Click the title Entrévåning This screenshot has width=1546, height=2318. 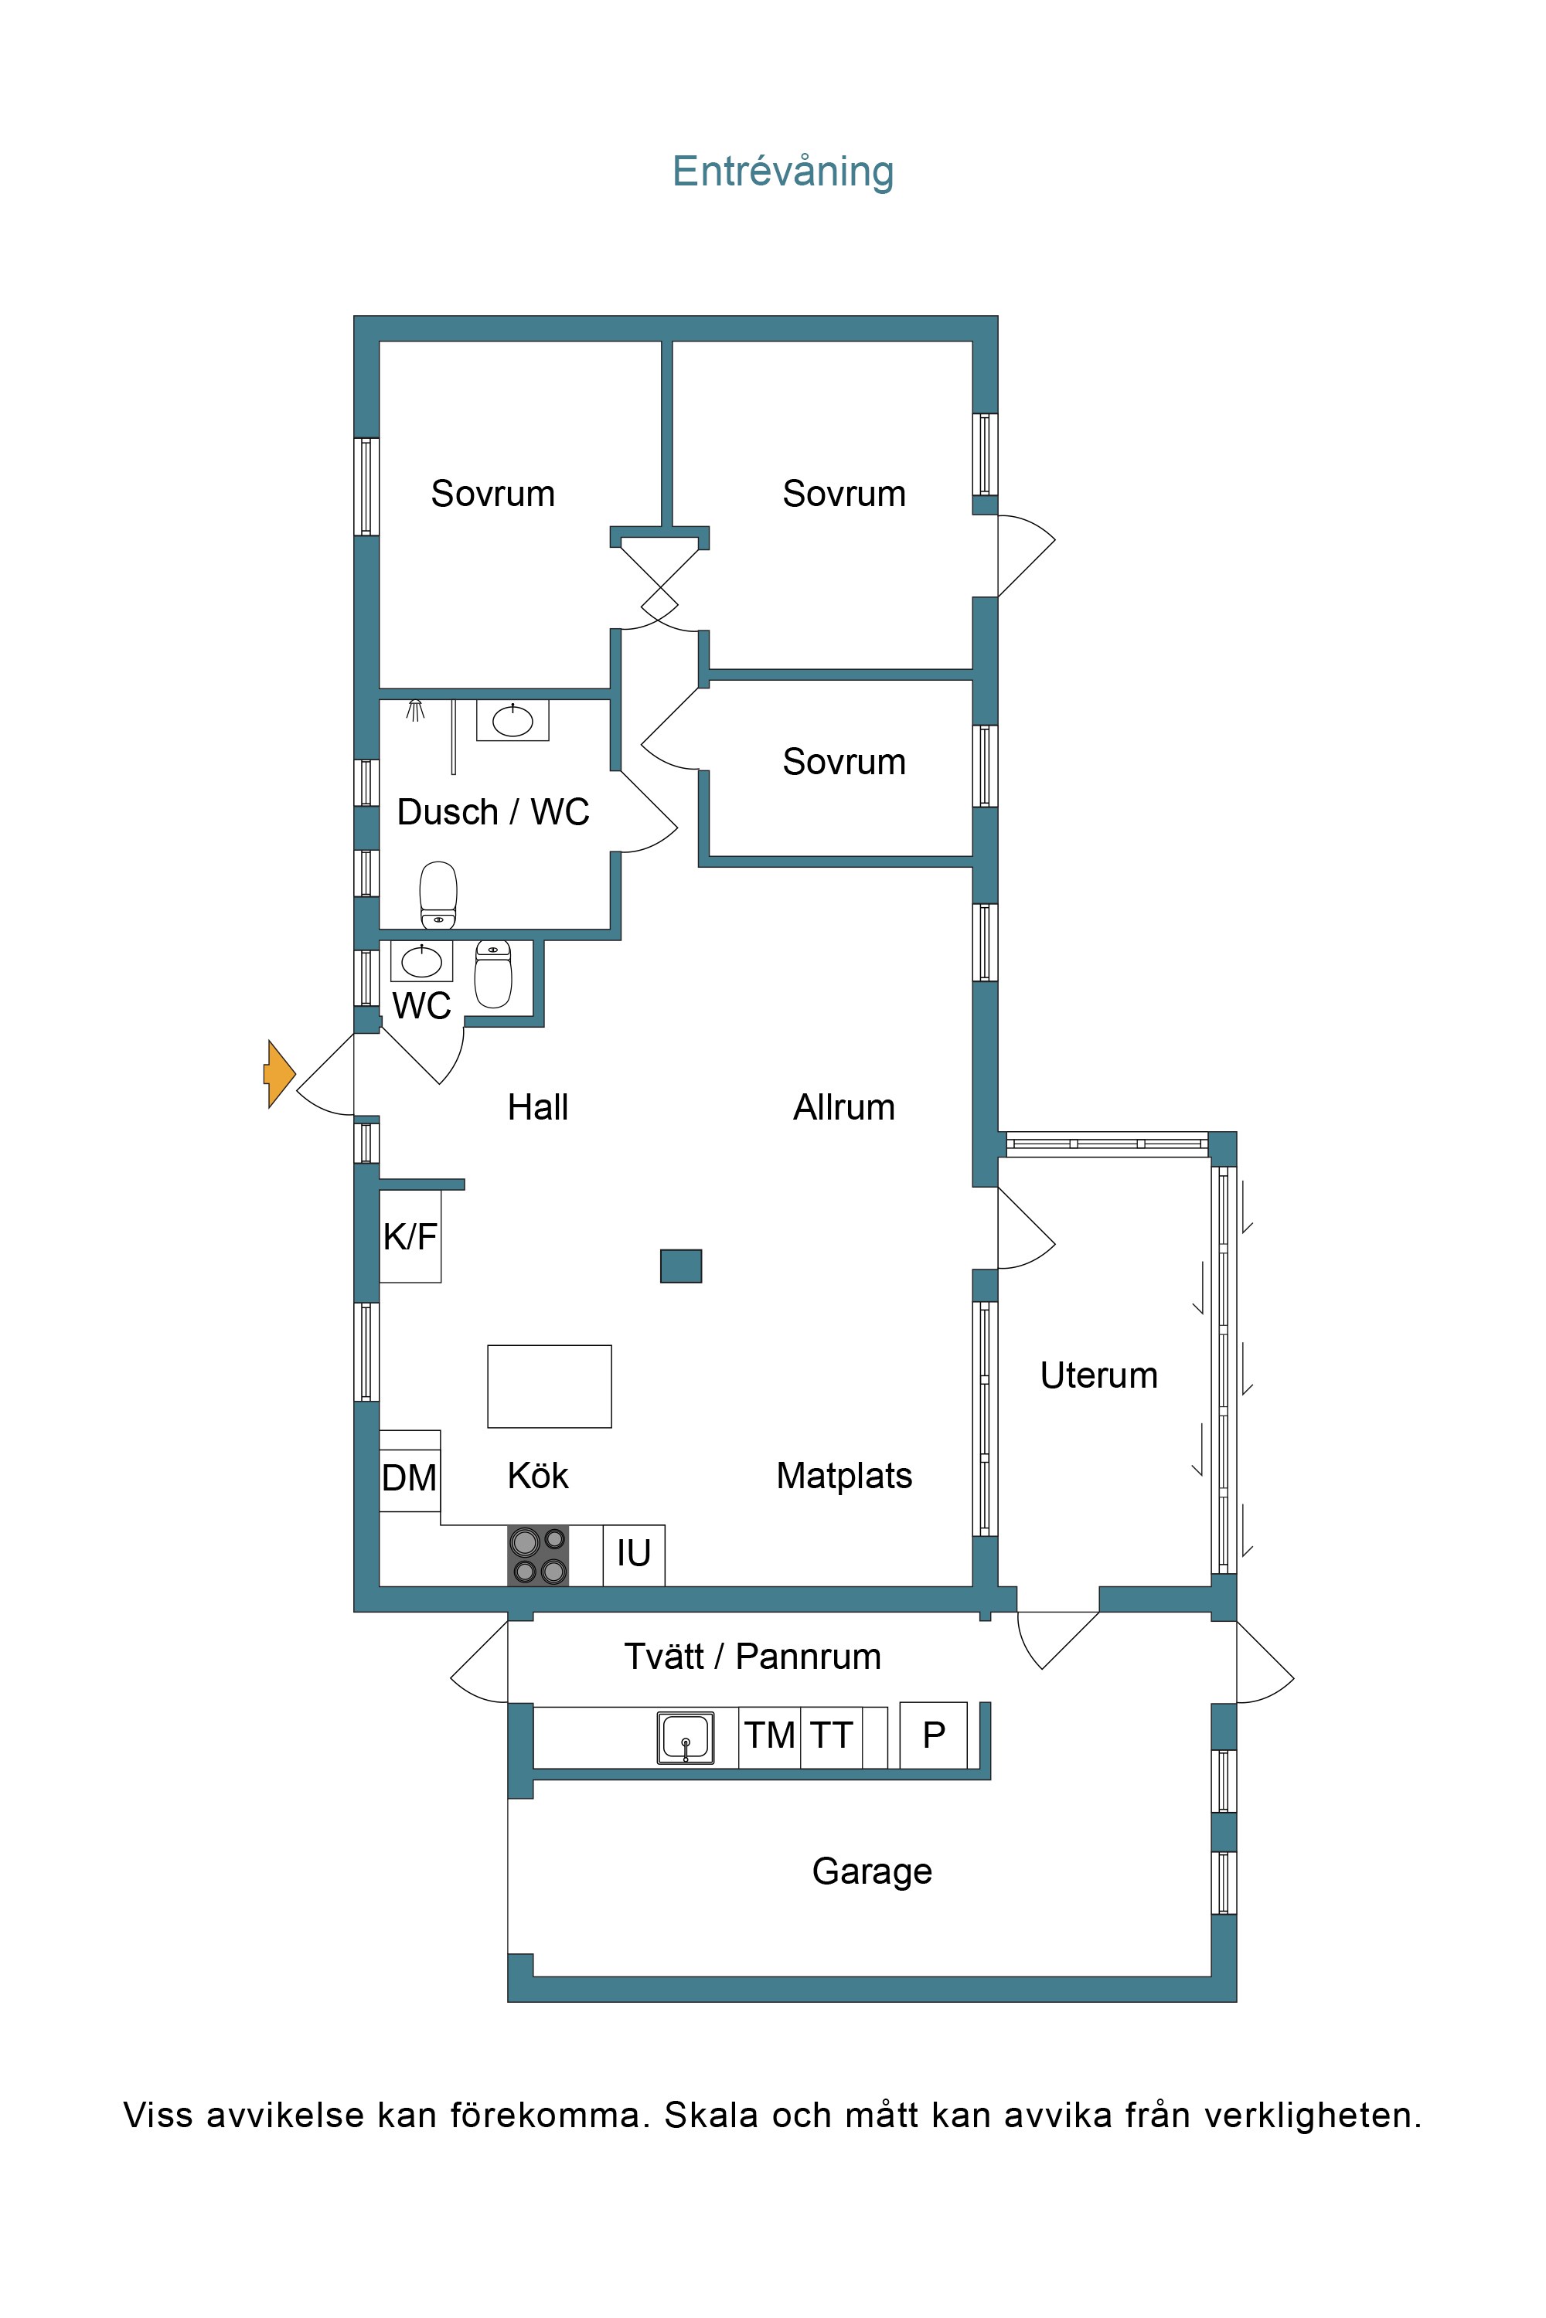[783, 172]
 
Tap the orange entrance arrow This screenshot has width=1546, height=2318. [279, 1074]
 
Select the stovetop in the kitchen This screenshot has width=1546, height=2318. [538, 1555]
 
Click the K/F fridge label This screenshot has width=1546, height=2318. [410, 1235]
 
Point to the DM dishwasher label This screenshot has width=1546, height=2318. [409, 1478]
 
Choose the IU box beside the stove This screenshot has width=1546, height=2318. [634, 1555]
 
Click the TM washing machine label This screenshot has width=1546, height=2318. [770, 1735]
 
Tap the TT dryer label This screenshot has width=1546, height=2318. [831, 1735]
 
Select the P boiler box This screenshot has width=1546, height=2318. [934, 1735]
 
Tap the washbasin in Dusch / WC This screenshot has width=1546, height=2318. [512, 720]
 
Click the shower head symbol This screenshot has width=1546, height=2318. [416, 709]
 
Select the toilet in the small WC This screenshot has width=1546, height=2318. [493, 974]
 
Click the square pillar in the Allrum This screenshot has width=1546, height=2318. [681, 1266]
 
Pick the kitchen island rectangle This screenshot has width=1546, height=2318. [549, 1385]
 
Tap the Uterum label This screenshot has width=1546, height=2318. [1099, 1375]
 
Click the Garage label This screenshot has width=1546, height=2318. [873, 1871]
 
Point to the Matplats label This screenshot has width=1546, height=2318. [844, 1475]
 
